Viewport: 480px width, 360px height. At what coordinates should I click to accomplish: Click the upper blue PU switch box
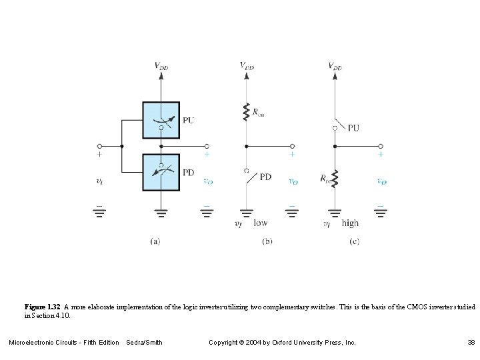[161, 121]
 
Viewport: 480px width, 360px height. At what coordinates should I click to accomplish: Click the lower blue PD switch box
[161, 171]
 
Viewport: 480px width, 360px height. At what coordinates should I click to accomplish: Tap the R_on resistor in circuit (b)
[247, 111]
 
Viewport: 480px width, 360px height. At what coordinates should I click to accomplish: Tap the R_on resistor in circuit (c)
[334, 178]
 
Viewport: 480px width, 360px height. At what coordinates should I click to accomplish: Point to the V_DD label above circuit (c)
[335, 65]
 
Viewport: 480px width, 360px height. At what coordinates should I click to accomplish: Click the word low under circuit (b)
[261, 223]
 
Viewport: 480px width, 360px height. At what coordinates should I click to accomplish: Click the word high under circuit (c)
[349, 223]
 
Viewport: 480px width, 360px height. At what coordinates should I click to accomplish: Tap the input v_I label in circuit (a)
[99, 181]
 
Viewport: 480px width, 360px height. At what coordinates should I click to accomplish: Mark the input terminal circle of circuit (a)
[99, 145]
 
